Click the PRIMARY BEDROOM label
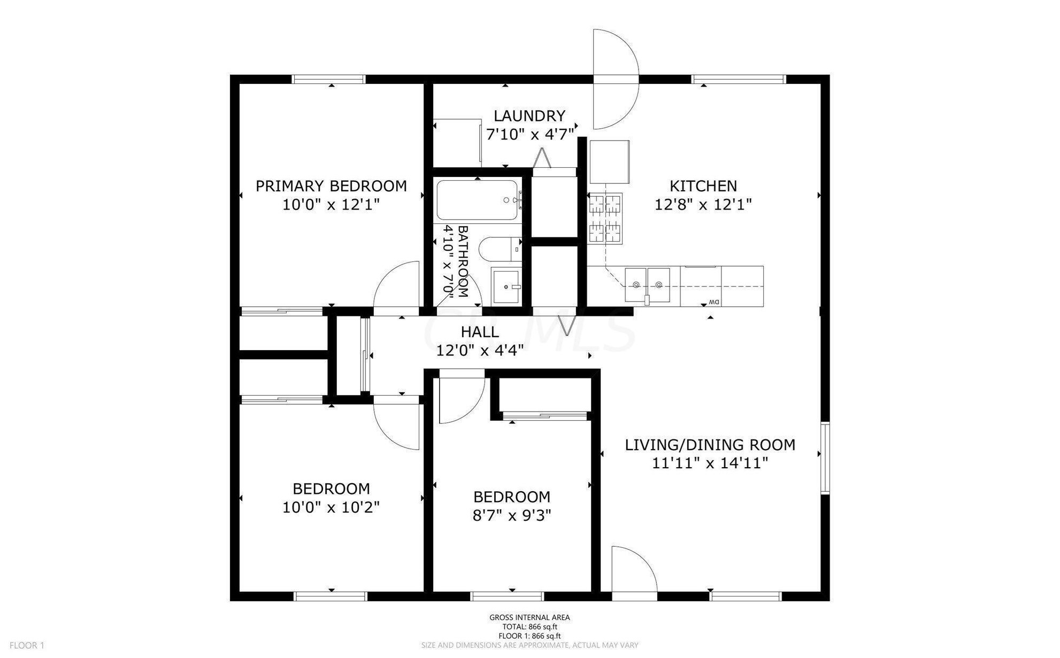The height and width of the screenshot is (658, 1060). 331,186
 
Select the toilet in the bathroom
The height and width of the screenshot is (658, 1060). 500,249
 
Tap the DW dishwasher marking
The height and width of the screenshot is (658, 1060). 713,303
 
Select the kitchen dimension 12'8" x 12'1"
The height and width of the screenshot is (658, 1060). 703,204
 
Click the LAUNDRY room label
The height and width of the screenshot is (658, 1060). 529,116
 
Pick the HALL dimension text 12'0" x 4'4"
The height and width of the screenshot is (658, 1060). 480,351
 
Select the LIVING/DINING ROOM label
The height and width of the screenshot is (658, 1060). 710,445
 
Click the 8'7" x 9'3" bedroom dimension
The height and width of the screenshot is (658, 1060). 512,515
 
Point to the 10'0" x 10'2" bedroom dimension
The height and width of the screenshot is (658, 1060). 331,507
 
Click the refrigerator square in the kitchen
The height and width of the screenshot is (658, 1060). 609,162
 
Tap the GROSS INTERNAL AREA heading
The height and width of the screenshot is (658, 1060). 529,617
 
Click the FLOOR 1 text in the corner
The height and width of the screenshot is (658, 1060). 27,645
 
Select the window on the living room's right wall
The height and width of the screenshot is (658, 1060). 825,457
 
